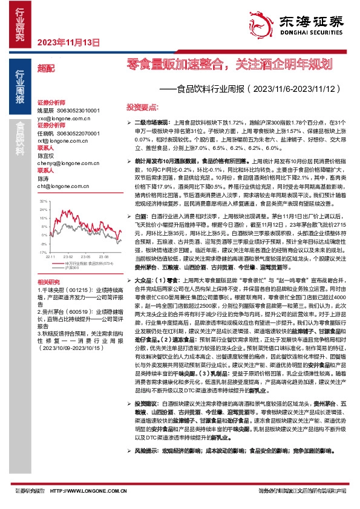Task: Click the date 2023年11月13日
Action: pyautogui.click(x=68, y=42)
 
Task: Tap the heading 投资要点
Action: pyautogui.click(x=142, y=106)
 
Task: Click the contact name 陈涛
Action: pyautogui.click(x=43, y=178)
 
